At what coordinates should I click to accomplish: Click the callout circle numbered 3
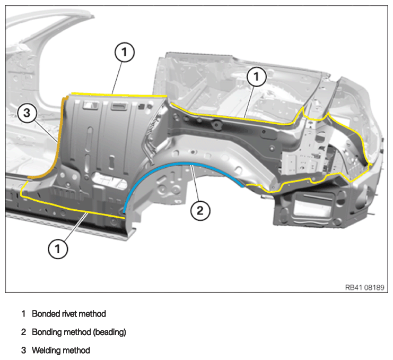coord(27,113)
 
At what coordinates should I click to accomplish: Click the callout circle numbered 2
coord(200,210)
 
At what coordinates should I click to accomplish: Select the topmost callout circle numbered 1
coord(125,53)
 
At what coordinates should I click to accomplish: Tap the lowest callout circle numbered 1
coord(58,249)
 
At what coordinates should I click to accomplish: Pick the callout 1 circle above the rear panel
coord(256,76)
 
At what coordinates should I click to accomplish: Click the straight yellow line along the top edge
coord(119,95)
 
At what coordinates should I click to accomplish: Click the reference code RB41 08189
coord(364,287)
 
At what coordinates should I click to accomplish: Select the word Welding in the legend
coord(46,350)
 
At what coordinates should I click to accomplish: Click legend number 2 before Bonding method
coord(23,332)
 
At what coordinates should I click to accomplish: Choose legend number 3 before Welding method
coord(23,350)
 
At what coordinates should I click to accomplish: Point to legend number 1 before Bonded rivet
coord(23,314)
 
